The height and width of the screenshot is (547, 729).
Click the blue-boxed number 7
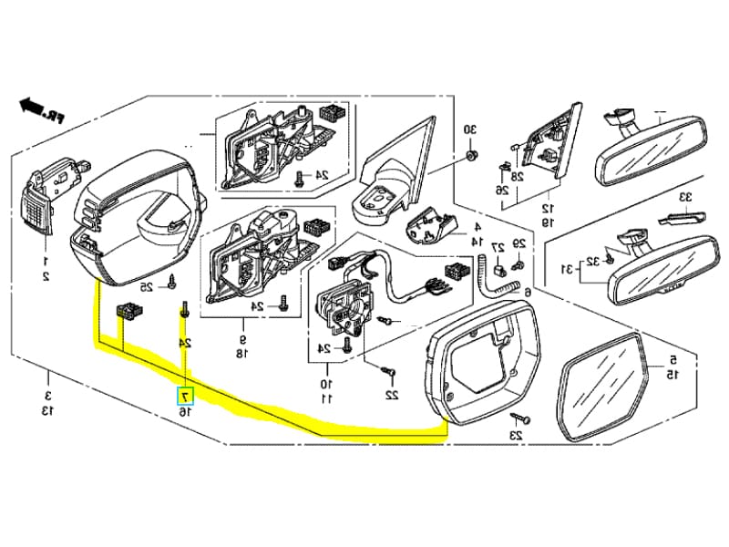tap(185, 397)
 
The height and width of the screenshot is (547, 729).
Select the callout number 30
tap(469, 130)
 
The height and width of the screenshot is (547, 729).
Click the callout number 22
tap(391, 396)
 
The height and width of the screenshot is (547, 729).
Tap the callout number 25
tap(146, 287)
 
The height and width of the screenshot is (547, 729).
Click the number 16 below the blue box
tap(185, 413)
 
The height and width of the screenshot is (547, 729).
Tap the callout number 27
tap(498, 248)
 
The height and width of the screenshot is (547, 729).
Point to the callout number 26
tap(501, 190)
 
